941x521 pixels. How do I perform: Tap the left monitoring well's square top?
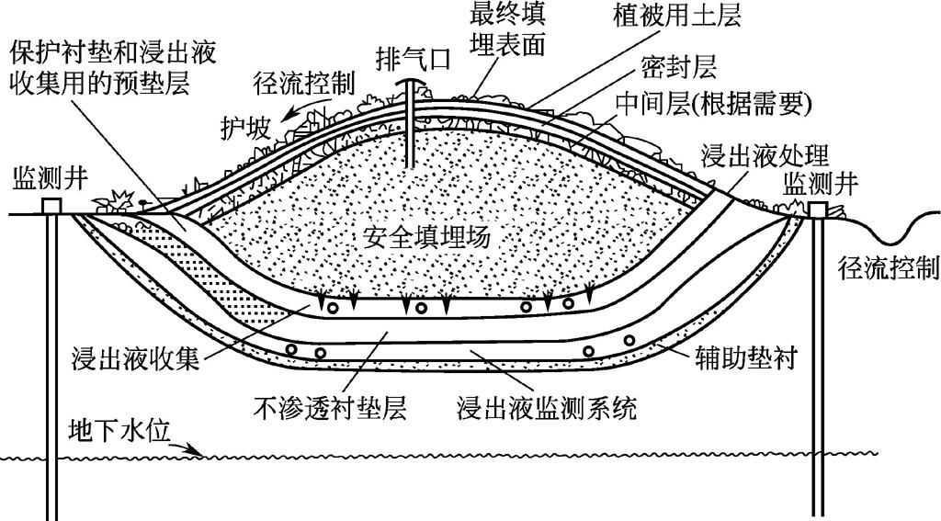pos(51,207)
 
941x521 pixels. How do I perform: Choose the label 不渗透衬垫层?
pos(324,404)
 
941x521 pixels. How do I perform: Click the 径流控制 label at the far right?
pos(889,267)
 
